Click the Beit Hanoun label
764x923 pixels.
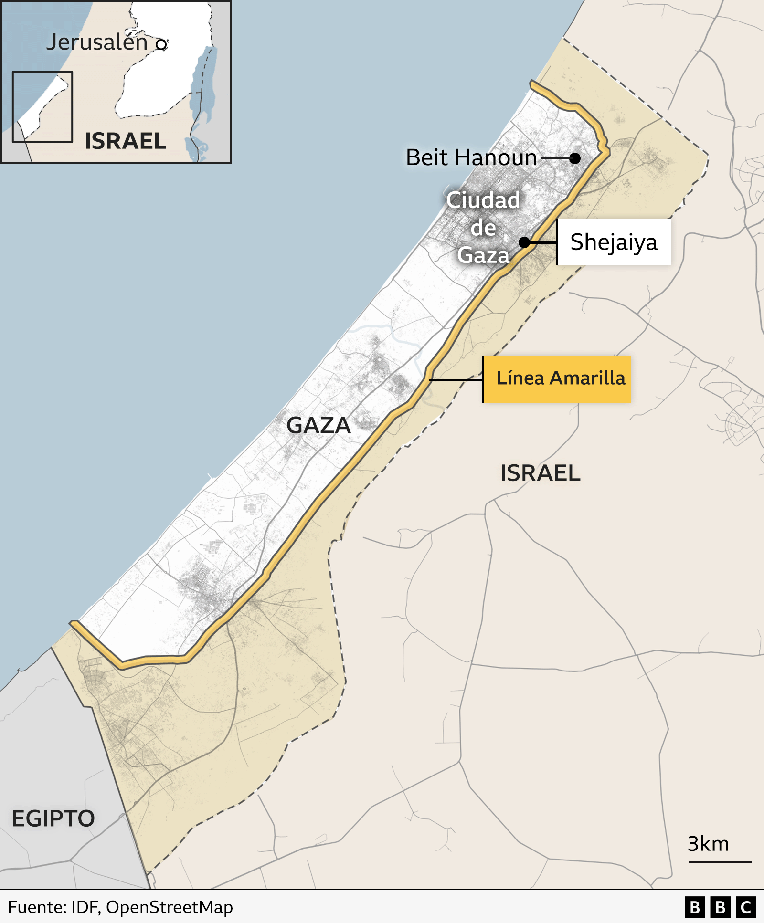pos(471,157)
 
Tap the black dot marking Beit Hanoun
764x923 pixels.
pos(575,158)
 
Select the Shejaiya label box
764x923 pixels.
pos(614,242)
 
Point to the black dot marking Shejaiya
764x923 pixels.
pos(524,242)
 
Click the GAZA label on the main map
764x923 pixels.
pos(318,425)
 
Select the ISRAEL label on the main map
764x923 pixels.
pos(540,473)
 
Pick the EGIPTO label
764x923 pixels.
pos(53,818)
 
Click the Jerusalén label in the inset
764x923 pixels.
pos(97,42)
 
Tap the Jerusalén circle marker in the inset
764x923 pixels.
pos(161,44)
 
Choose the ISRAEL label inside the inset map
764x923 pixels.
pos(126,141)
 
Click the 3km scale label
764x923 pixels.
pos(708,844)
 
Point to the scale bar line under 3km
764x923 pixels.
pos(720,861)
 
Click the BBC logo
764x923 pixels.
pos(720,907)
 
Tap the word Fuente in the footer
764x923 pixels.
pos(36,907)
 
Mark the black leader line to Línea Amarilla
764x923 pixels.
pos(456,380)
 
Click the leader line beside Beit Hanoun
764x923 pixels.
pos(556,158)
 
